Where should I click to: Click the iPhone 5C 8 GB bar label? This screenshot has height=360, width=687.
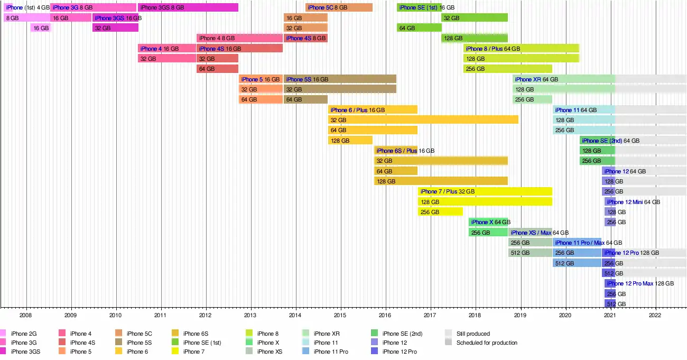(x=327, y=7)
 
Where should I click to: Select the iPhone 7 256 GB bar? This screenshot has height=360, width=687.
(x=440, y=212)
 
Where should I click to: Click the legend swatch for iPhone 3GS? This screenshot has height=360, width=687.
(x=3, y=352)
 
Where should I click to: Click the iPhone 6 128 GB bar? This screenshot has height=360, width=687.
(x=350, y=141)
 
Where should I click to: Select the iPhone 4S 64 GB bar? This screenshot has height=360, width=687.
(x=217, y=69)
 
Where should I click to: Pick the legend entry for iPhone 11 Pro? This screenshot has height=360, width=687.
(x=330, y=352)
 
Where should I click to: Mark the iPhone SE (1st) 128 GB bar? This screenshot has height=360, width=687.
(x=474, y=38)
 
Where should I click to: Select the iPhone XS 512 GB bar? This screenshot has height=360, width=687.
(x=531, y=253)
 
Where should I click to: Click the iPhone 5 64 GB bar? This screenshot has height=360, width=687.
(x=261, y=99)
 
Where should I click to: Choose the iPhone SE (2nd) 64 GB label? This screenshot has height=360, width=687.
(x=610, y=141)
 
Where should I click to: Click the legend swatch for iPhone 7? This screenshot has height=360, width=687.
(x=175, y=352)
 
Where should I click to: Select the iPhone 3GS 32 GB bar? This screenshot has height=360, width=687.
(x=115, y=28)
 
